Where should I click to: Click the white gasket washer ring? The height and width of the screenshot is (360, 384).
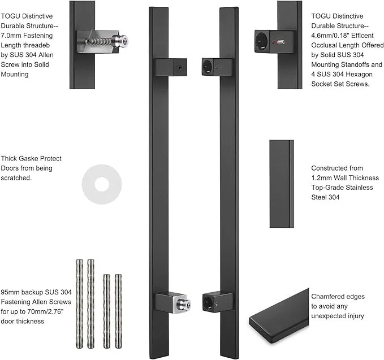click(x=102, y=184)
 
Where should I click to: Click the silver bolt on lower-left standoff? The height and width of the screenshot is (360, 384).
click(x=184, y=304)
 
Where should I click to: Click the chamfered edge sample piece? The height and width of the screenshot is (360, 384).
click(x=279, y=319)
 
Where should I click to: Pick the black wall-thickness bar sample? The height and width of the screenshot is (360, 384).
click(x=281, y=184)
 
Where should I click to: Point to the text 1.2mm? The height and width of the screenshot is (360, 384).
click(x=321, y=178)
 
